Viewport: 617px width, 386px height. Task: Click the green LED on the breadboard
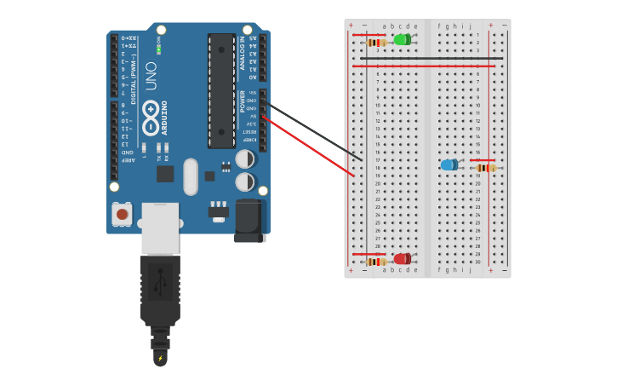[402, 39]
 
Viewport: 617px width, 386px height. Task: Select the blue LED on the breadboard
[448, 164]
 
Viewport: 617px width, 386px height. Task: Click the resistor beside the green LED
[376, 42]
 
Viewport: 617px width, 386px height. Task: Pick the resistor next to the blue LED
[485, 168]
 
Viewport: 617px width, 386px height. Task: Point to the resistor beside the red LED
[375, 262]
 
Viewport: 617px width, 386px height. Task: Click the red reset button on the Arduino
[123, 214]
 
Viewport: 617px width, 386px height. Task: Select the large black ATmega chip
[221, 90]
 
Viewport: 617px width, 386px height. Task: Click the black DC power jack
[249, 221]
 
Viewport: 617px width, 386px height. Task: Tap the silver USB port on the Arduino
[160, 228]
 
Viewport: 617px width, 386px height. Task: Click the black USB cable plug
[160, 290]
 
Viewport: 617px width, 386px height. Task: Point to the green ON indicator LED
[158, 49]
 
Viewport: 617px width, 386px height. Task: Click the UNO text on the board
[151, 75]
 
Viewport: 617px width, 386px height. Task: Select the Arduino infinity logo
[151, 117]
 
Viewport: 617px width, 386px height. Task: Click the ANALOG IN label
[243, 52]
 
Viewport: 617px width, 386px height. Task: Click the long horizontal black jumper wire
[426, 59]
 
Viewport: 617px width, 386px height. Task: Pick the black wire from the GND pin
[315, 132]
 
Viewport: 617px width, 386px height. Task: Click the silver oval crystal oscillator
[191, 176]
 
